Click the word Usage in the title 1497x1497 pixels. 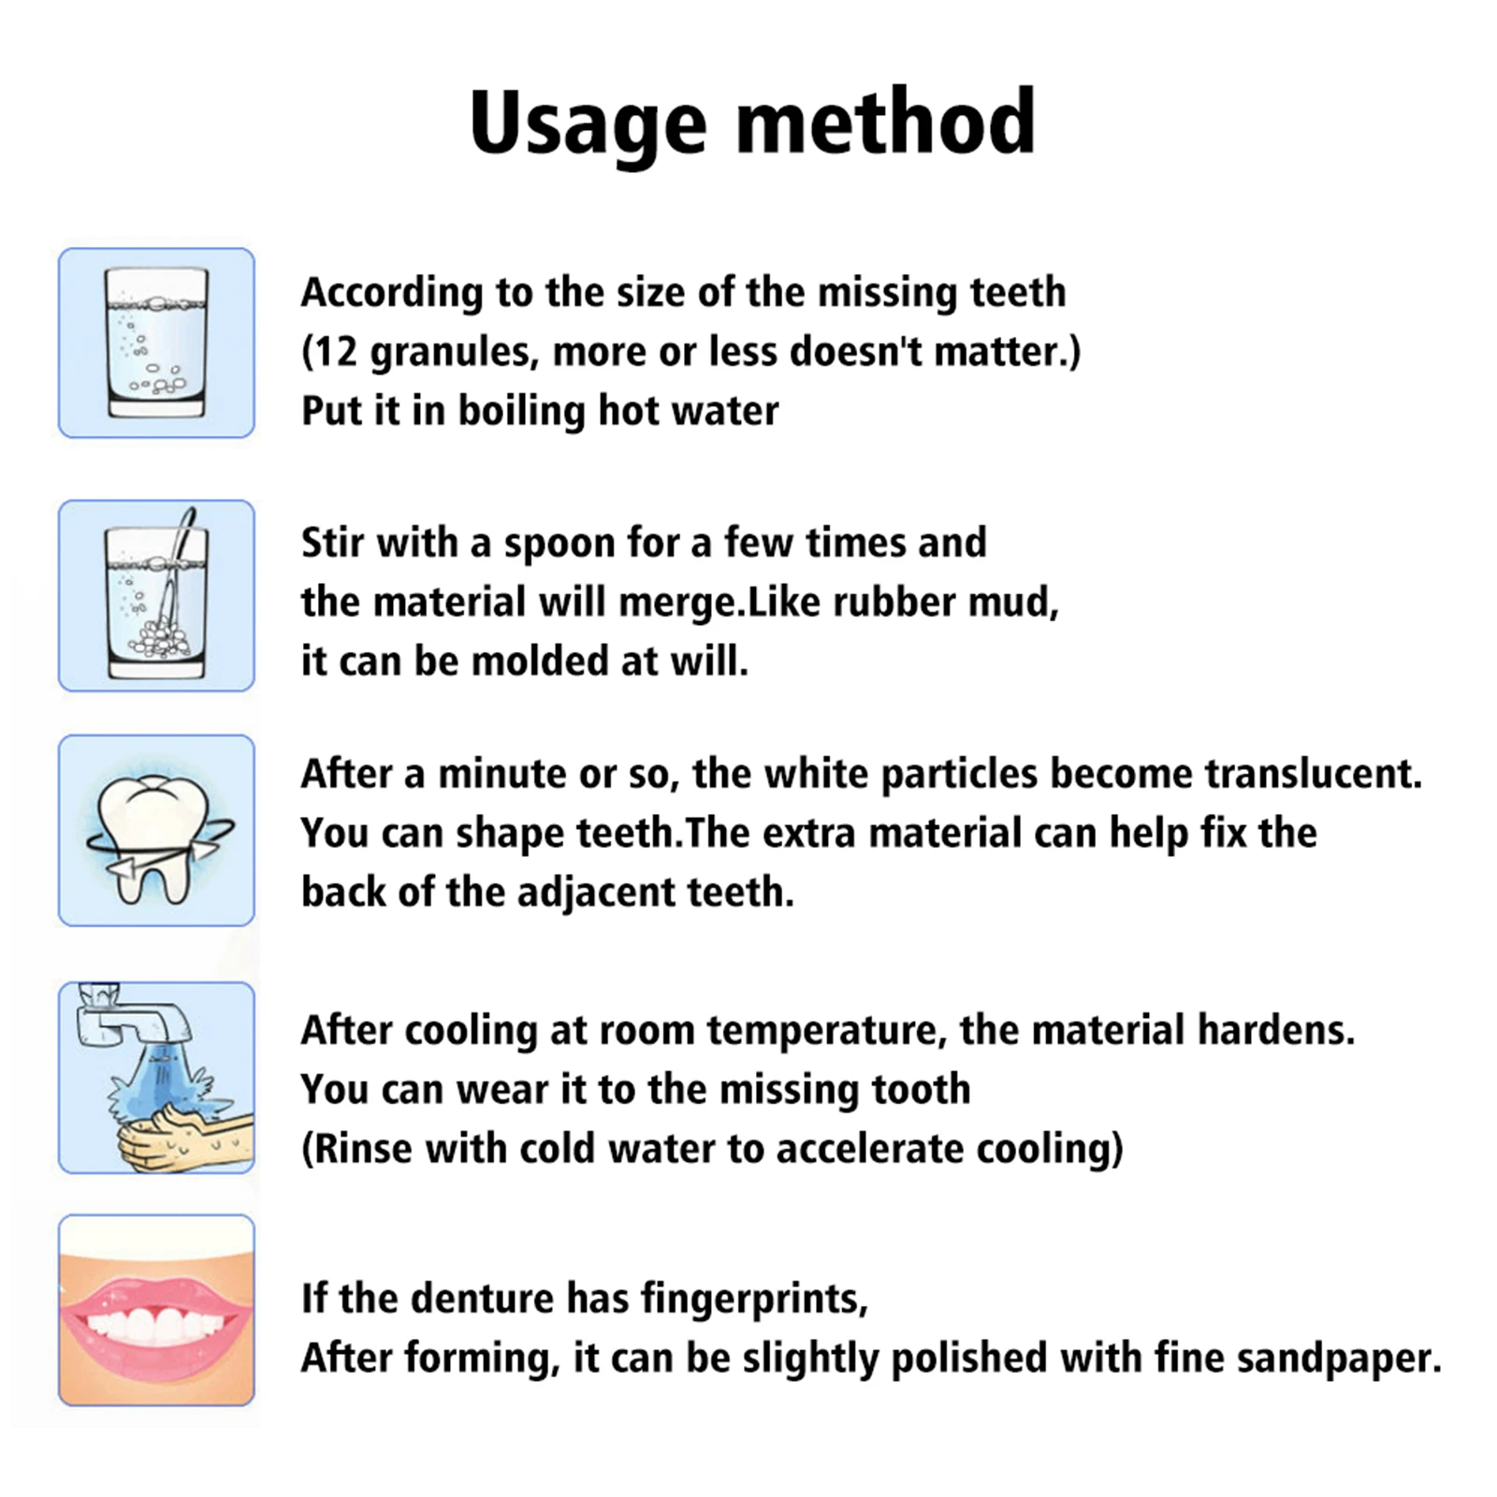pyautogui.click(x=587, y=124)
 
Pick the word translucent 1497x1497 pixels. pyautogui.click(x=1312, y=775)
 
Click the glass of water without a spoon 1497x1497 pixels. pyautogui.click(x=156, y=342)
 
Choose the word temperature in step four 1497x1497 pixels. pyautogui.click(x=821, y=1030)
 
